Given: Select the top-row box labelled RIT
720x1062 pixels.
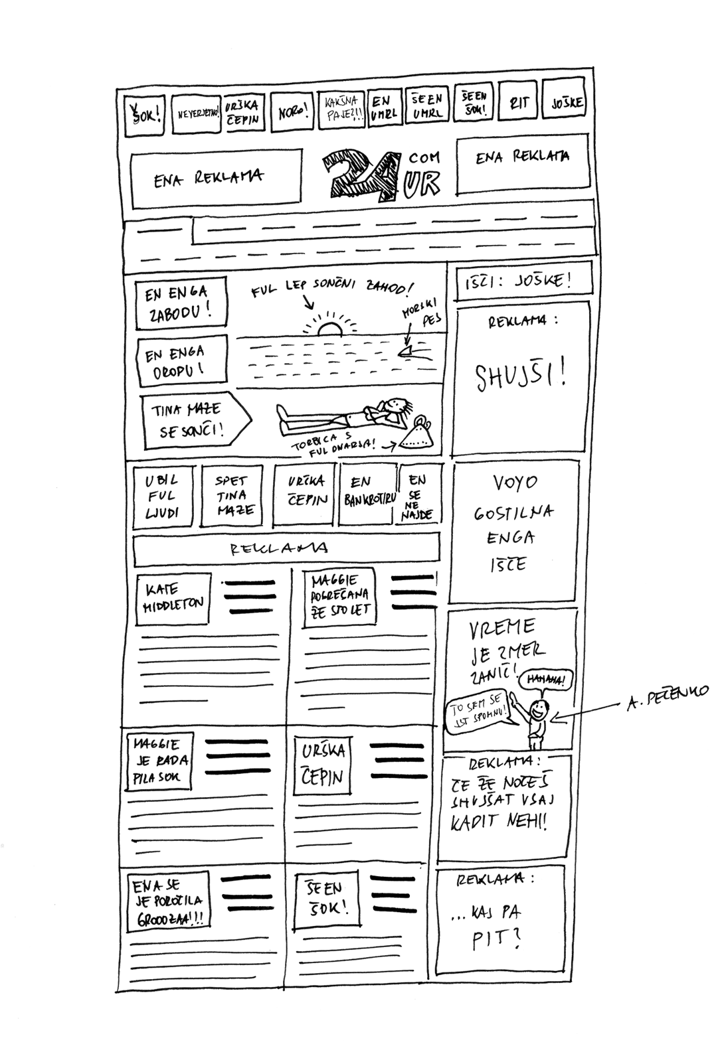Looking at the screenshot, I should (x=518, y=103).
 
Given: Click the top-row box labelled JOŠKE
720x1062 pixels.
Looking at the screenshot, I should (x=567, y=103).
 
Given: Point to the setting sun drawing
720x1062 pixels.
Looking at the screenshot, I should (x=330, y=327).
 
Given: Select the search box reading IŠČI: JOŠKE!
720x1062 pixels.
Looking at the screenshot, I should (x=523, y=281).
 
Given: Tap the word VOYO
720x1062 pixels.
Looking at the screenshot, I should (x=515, y=483).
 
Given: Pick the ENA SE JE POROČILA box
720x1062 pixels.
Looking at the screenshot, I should (x=168, y=902).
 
